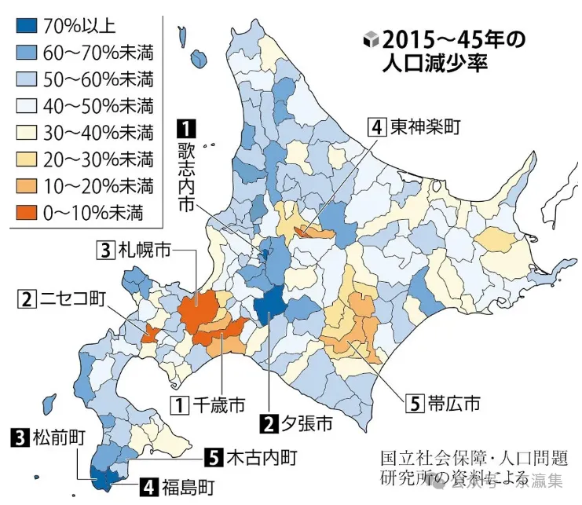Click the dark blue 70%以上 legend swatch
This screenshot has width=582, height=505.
click(27, 26)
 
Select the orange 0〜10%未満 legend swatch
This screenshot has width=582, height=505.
click(27, 213)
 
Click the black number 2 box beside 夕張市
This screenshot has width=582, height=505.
click(269, 425)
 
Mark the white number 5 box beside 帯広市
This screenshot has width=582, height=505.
click(415, 404)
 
